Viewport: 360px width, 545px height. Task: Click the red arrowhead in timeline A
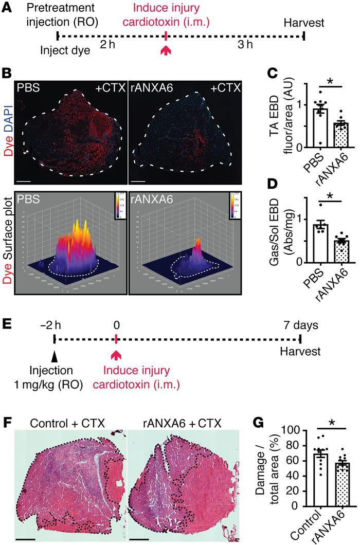click(x=166, y=50)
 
